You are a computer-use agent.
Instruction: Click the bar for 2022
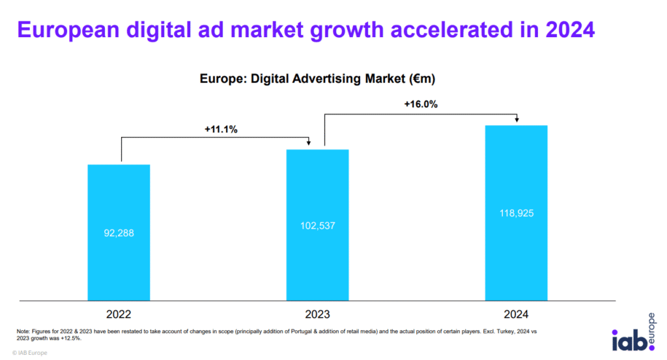click(x=119, y=260)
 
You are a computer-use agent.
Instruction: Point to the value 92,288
click(x=119, y=232)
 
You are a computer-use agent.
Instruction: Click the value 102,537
click(x=318, y=225)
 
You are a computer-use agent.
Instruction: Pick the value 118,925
click(x=517, y=213)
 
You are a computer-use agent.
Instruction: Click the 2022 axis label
click(x=119, y=314)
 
